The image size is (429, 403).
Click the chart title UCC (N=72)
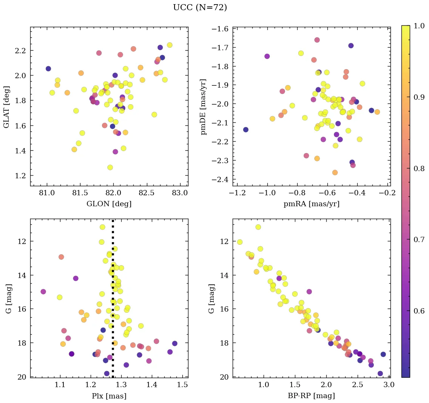200,8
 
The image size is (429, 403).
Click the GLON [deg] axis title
109,204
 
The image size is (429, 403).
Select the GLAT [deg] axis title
6,107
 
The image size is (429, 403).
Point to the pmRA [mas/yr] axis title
312,204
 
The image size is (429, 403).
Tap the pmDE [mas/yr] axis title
204,107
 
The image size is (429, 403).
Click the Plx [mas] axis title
109,396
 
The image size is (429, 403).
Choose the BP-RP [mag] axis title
312,396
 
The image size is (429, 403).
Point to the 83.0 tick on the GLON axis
180,193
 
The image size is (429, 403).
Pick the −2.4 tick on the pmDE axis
219,179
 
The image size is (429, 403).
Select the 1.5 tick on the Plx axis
183,385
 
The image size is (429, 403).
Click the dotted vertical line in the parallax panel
113,264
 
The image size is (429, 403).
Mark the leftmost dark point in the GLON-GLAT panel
48,69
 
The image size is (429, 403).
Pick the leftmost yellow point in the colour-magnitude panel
239,242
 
